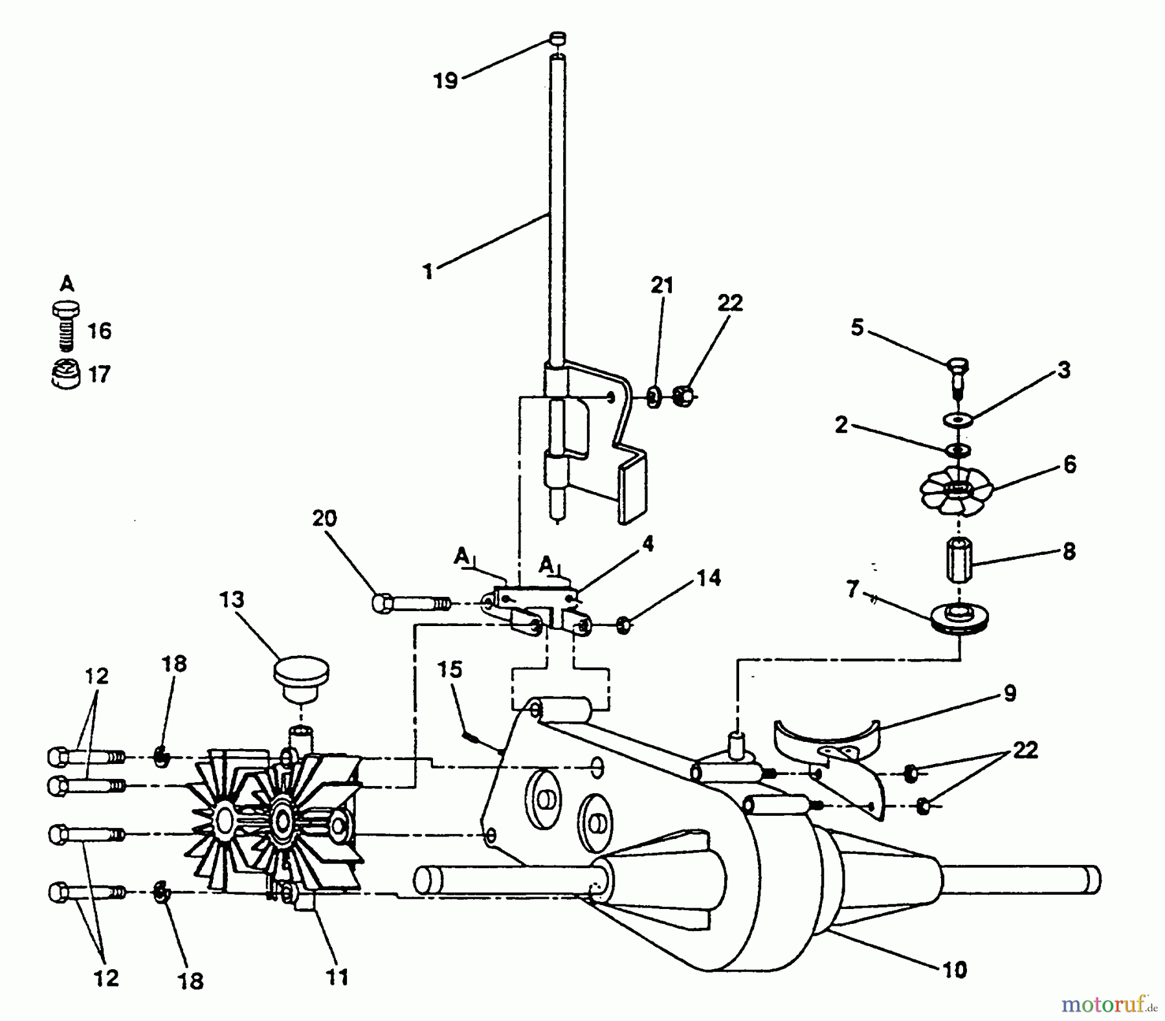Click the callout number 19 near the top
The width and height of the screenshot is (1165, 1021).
click(x=445, y=81)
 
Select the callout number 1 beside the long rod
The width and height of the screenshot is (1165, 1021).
click(x=428, y=271)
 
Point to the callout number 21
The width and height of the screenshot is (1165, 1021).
click(x=662, y=286)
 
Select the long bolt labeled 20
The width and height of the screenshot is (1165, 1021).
click(x=411, y=603)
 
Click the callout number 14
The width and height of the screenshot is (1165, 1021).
click(x=709, y=578)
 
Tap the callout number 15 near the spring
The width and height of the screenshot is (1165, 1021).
click(x=450, y=669)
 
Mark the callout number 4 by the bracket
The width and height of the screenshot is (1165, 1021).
click(x=648, y=543)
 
